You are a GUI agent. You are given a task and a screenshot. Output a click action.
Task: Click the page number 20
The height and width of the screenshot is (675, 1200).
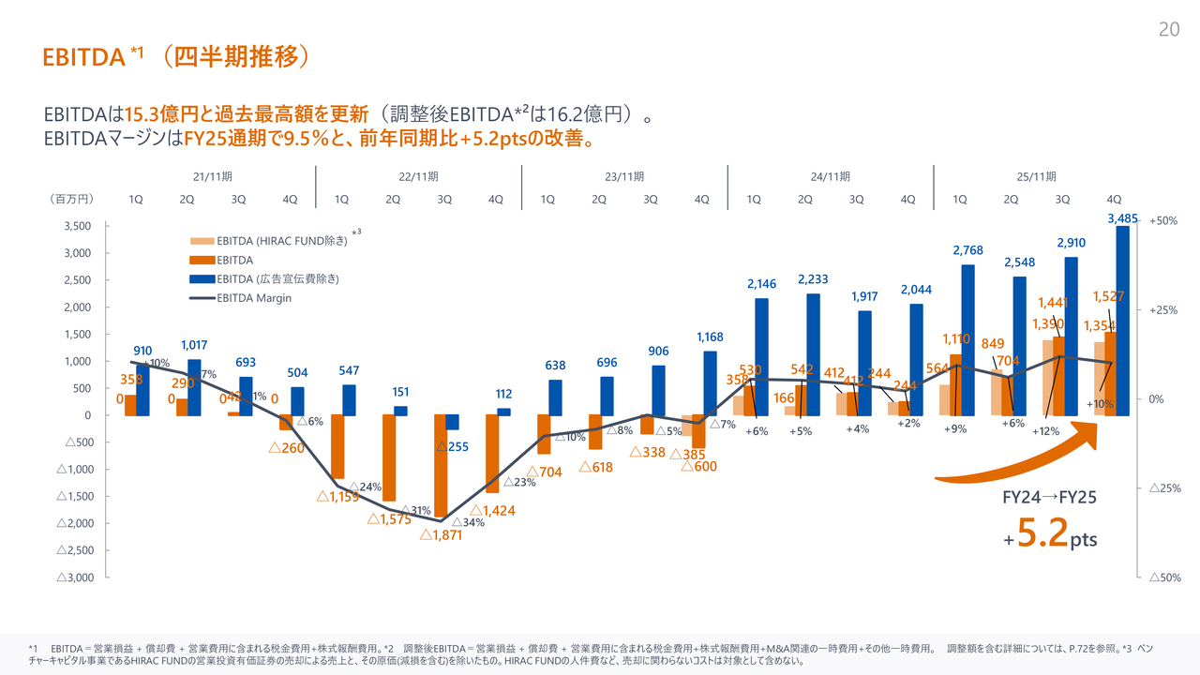point(1168,30)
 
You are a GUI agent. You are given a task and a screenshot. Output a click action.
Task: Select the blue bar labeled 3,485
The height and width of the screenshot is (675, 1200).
point(1123,319)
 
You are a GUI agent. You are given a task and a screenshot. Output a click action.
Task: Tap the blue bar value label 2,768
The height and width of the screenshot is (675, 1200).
point(967,250)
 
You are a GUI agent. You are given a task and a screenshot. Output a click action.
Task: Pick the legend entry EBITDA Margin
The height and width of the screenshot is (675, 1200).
point(253,298)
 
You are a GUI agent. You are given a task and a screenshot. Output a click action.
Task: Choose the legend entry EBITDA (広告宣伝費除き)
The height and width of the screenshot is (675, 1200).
point(277,278)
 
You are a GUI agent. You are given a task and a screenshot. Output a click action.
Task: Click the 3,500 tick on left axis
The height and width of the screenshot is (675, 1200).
point(76,226)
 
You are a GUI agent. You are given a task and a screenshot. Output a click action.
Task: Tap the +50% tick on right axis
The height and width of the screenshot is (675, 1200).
point(1163,220)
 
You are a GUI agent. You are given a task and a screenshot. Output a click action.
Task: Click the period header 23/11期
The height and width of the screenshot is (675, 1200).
point(624,176)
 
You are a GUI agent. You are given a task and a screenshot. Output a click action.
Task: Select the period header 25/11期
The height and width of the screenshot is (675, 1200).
point(1037,176)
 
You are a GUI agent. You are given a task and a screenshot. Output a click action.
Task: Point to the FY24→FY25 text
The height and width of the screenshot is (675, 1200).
point(1049,498)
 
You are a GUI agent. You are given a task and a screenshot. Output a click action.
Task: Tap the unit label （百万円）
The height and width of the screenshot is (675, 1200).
point(72,200)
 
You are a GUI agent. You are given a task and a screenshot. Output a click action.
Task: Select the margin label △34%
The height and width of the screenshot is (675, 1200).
point(468,522)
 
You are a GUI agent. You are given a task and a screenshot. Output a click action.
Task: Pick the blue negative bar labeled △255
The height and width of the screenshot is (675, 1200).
point(453,422)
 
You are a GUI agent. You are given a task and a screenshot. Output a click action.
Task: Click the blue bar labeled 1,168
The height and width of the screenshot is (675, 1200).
point(711,382)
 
